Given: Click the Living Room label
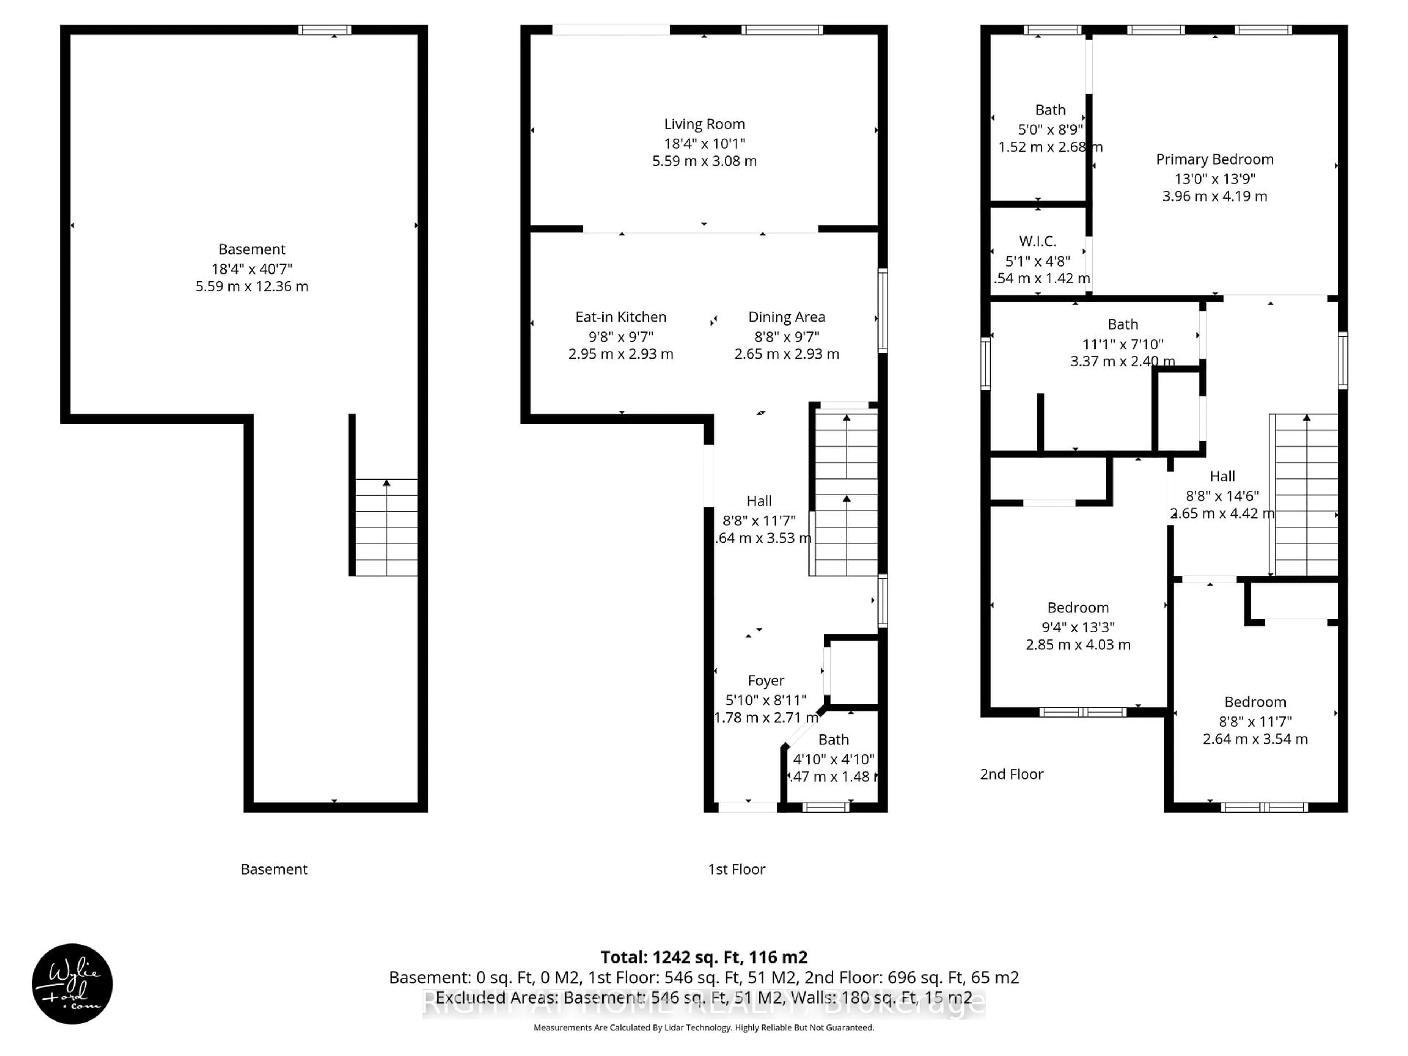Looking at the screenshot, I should [704, 124].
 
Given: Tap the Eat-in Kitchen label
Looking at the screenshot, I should [621, 317].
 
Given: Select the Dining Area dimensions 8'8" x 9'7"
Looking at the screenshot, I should [787, 336].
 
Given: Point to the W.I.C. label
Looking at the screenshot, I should [1038, 241].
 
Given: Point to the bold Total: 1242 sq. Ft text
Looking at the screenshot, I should [703, 957].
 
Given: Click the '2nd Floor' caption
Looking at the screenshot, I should [1011, 774].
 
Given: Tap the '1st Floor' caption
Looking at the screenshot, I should [737, 869].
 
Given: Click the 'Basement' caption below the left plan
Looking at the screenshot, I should [274, 869].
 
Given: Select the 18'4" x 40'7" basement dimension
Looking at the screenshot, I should [252, 269].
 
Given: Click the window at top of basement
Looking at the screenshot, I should [324, 30].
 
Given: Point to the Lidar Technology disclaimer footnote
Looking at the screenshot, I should [703, 1027].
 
